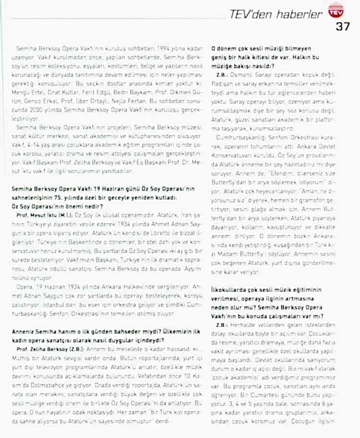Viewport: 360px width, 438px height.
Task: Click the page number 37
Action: [343, 27]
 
